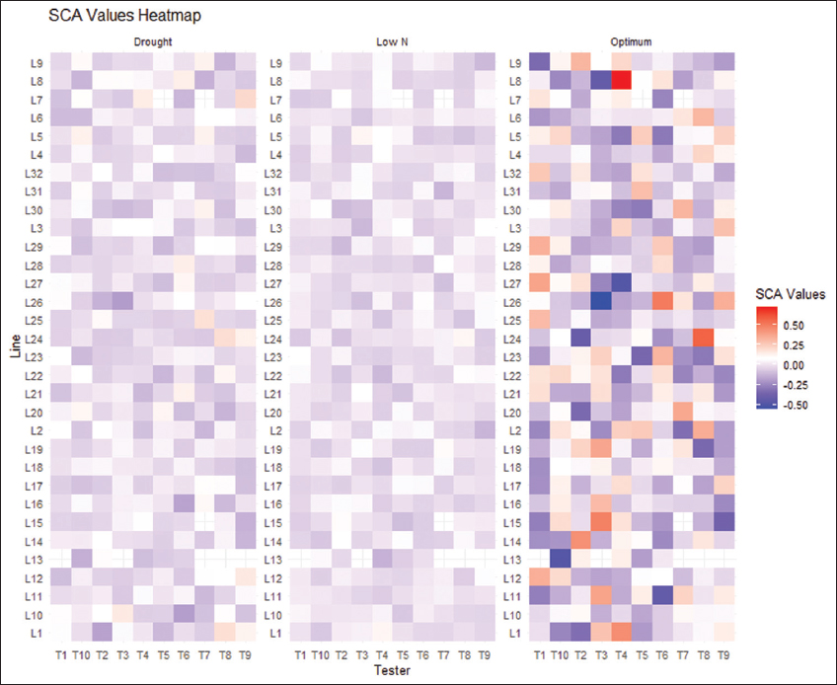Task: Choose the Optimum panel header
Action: pos(631,42)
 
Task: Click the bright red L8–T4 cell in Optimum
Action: pos(621,80)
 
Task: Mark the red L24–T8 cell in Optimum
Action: pos(703,338)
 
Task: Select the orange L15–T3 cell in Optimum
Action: pos(600,522)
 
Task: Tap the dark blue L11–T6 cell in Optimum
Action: pos(662,596)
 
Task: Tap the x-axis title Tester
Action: pos(392,671)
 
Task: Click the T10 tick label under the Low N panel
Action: pos(321,654)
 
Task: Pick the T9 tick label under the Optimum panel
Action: pos(723,654)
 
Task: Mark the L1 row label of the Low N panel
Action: pos(278,633)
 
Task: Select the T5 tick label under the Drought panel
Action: pos(164,654)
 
